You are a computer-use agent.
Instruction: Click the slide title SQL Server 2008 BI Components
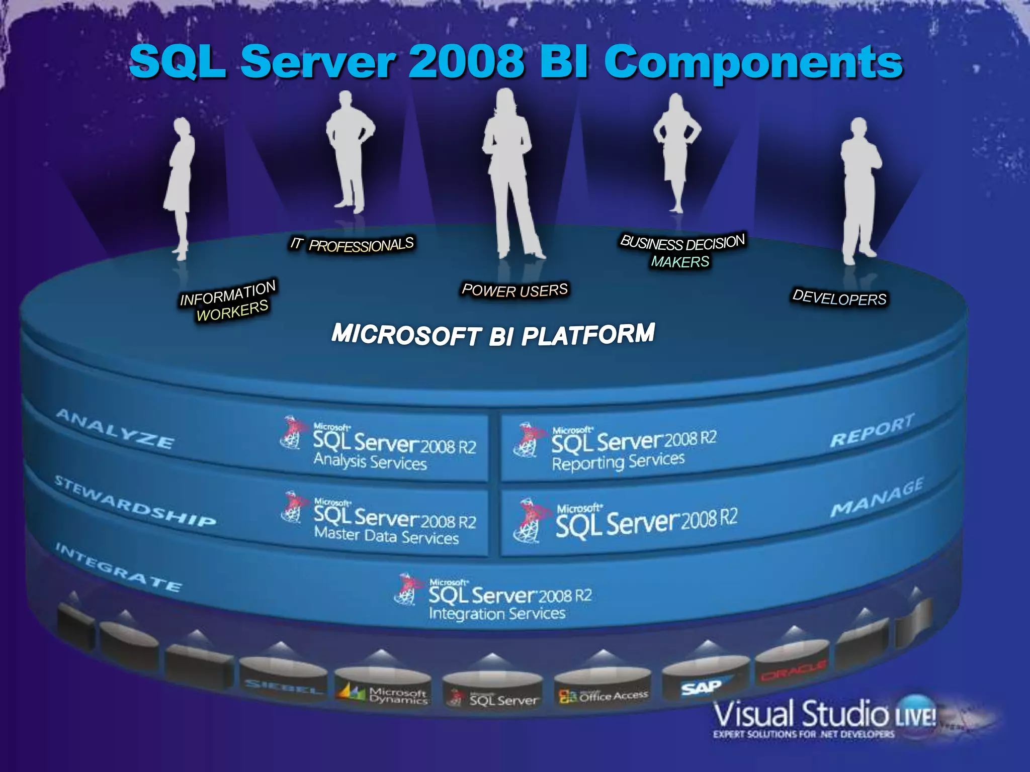pyautogui.click(x=516, y=62)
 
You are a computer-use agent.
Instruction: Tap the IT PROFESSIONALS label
pyautogui.click(x=352, y=245)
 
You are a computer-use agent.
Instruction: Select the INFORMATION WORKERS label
pyautogui.click(x=229, y=301)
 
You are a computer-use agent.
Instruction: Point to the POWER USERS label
pyautogui.click(x=515, y=290)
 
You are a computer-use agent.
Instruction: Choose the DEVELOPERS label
pyautogui.click(x=839, y=298)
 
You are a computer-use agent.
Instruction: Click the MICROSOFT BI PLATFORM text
pyautogui.click(x=493, y=335)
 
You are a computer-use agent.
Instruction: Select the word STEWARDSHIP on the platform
pyautogui.click(x=135, y=501)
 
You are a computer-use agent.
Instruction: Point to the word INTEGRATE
pyautogui.click(x=118, y=567)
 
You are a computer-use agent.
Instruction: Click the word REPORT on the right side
pyautogui.click(x=872, y=431)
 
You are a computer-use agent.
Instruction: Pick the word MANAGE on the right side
pyautogui.click(x=877, y=498)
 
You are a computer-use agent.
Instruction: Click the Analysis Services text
pyautogui.click(x=370, y=461)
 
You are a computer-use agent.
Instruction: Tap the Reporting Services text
pyautogui.click(x=618, y=461)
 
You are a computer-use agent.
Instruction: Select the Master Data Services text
pyautogui.click(x=386, y=536)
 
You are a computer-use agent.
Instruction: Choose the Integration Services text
pyautogui.click(x=497, y=614)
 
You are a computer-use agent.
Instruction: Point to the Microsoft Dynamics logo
pyautogui.click(x=384, y=695)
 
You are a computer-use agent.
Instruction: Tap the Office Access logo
pyautogui.click(x=604, y=696)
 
